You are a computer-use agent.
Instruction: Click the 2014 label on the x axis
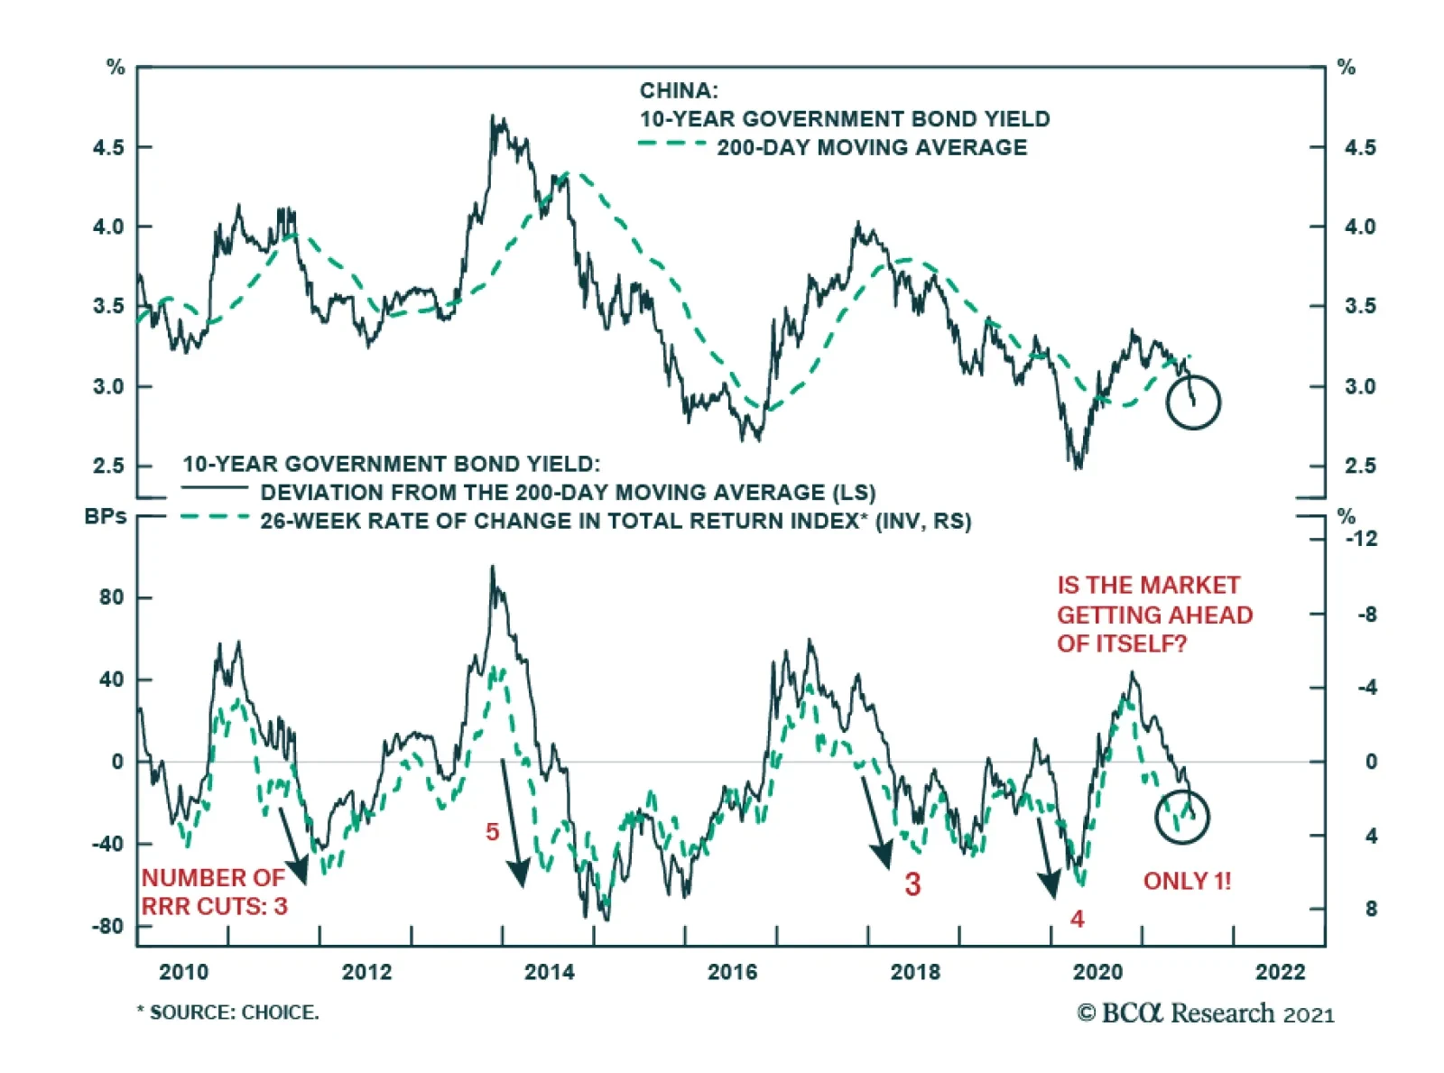(x=549, y=972)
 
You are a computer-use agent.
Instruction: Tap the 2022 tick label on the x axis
(x=1280, y=972)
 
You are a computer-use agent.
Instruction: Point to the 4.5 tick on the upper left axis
(x=108, y=147)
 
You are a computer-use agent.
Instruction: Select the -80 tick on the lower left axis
(x=107, y=927)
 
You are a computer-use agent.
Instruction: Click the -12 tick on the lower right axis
(x=1361, y=539)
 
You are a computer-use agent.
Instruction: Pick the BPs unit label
(x=106, y=517)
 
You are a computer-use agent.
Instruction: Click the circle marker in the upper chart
(x=1192, y=402)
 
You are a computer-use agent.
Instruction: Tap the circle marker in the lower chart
(x=1181, y=816)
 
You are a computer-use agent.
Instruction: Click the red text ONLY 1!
(x=1187, y=881)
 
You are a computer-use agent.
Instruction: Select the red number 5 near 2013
(x=492, y=832)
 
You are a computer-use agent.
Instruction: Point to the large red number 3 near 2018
(x=912, y=884)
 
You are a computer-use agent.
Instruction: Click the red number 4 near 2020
(x=1077, y=919)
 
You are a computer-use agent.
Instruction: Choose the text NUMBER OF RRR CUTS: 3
(x=214, y=892)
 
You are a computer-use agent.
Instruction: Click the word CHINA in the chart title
(x=679, y=91)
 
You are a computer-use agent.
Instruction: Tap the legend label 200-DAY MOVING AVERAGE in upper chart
(x=872, y=147)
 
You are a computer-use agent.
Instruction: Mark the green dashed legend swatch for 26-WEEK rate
(x=214, y=518)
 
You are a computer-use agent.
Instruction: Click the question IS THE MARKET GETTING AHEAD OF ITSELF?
(x=1154, y=615)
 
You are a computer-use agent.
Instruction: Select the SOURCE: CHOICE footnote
(x=228, y=1013)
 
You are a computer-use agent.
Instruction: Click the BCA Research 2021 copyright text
(x=1205, y=1013)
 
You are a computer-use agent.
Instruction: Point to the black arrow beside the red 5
(x=513, y=823)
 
